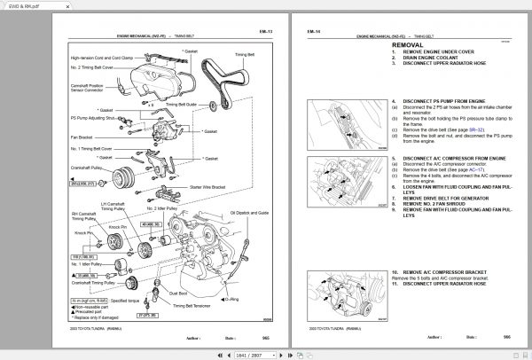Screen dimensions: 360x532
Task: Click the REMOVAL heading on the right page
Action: tap(412, 43)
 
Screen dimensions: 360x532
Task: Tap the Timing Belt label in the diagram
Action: tap(220, 55)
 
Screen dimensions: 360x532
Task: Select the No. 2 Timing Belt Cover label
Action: tap(92, 67)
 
